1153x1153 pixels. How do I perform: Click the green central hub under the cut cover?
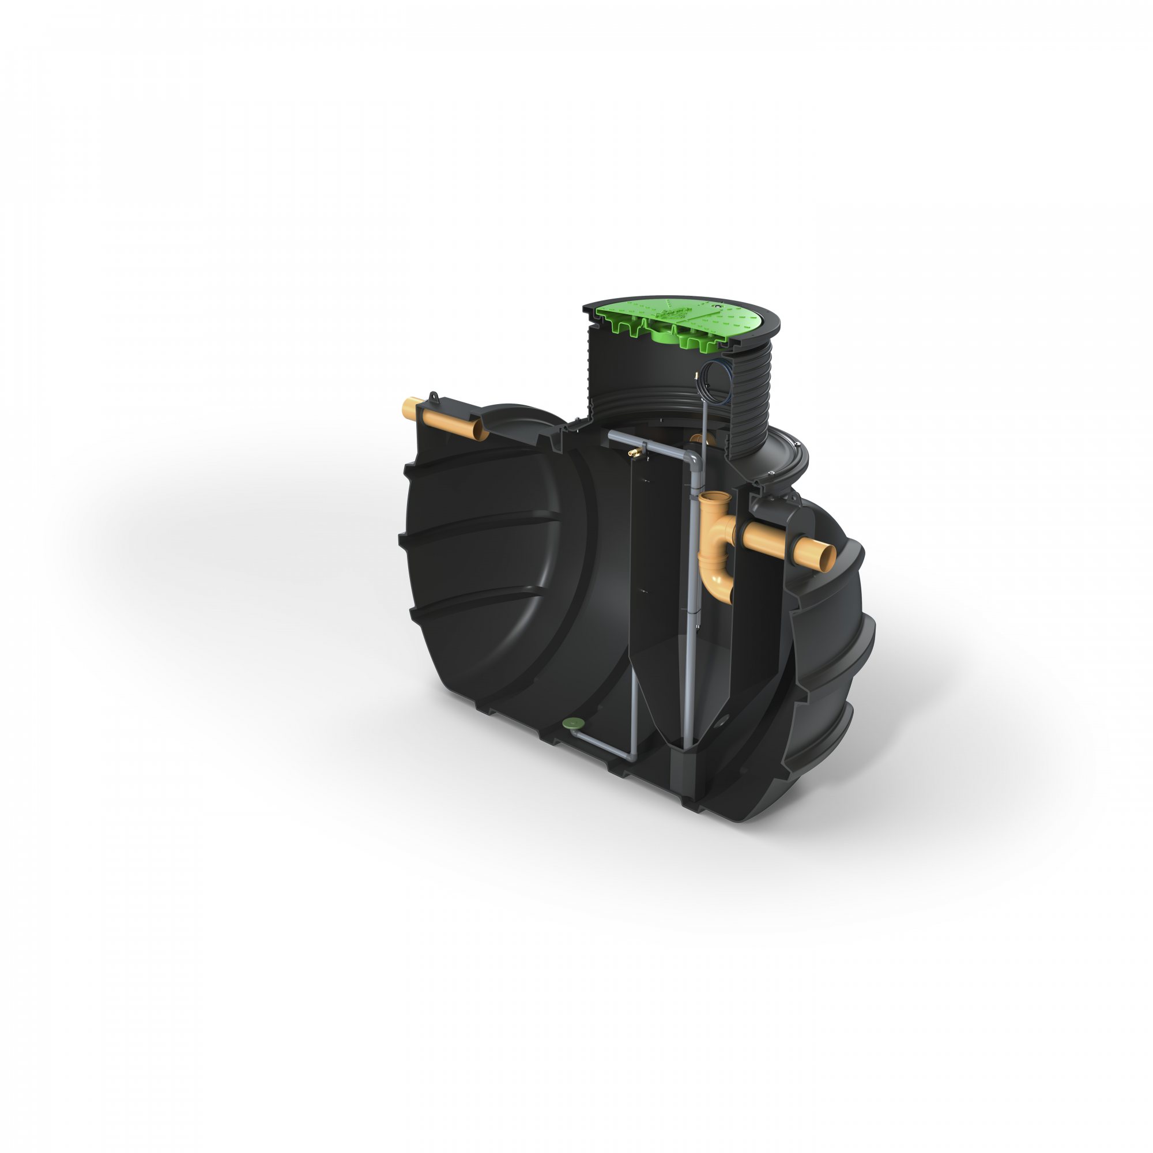pyautogui.click(x=668, y=337)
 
